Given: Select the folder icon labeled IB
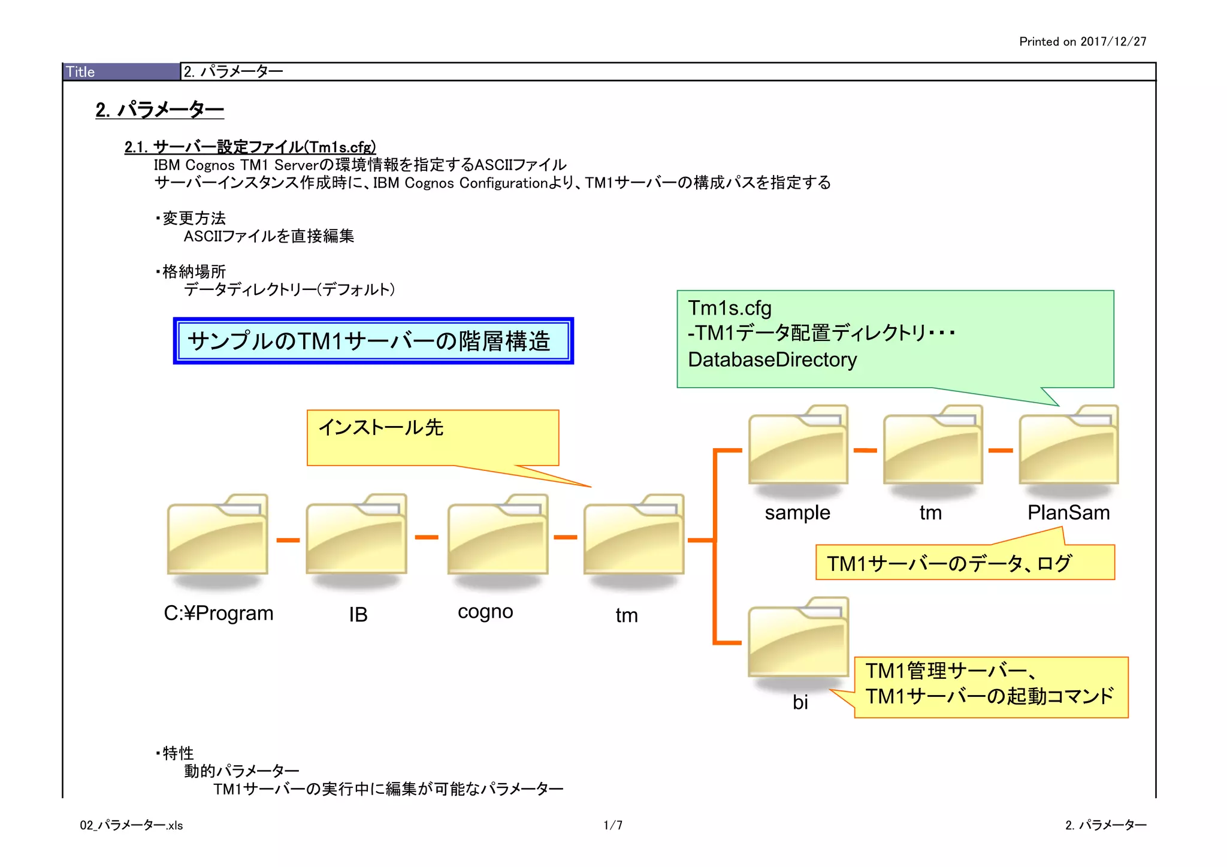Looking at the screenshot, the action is click(356, 534).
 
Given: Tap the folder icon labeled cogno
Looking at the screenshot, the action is click(498, 534).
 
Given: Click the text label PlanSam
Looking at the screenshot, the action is click(1068, 513).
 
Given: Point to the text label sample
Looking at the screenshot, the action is click(797, 513).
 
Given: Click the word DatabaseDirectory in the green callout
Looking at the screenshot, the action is click(772, 360).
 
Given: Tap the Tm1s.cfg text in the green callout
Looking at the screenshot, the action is click(730, 308).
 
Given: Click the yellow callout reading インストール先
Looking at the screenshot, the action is click(433, 437).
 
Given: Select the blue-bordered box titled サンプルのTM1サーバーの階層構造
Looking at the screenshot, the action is click(373, 341).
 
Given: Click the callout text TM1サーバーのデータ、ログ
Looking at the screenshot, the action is click(949, 564).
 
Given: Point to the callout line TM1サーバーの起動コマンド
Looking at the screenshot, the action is click(989, 697).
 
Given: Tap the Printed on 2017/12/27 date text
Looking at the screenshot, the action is click(1083, 41).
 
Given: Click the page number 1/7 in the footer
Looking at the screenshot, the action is click(613, 826).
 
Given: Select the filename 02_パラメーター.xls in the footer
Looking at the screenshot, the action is click(131, 826).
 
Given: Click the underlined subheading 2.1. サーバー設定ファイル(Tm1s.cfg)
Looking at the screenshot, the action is click(250, 147).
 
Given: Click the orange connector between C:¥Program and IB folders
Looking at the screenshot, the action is click(288, 540).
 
